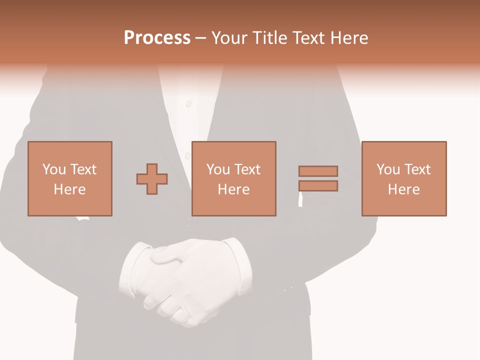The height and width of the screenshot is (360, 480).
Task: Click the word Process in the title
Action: pyautogui.click(x=157, y=38)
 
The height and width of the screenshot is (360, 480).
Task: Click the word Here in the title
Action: pyautogui.click(x=350, y=38)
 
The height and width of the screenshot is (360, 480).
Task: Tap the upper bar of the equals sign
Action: pyautogui.click(x=318, y=171)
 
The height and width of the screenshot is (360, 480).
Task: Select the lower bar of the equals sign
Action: pyautogui.click(x=318, y=185)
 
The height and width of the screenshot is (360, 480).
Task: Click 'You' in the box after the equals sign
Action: pyautogui.click(x=388, y=169)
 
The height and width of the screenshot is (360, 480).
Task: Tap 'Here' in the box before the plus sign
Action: pyautogui.click(x=70, y=189)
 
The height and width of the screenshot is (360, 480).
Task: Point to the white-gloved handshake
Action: pyautogui.click(x=185, y=280)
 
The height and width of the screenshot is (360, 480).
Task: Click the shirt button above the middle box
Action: pyautogui.click(x=188, y=104)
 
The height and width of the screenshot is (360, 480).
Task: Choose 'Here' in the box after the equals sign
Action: pyautogui.click(x=404, y=189)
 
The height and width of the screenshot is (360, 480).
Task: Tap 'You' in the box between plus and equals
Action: pyautogui.click(x=218, y=169)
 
